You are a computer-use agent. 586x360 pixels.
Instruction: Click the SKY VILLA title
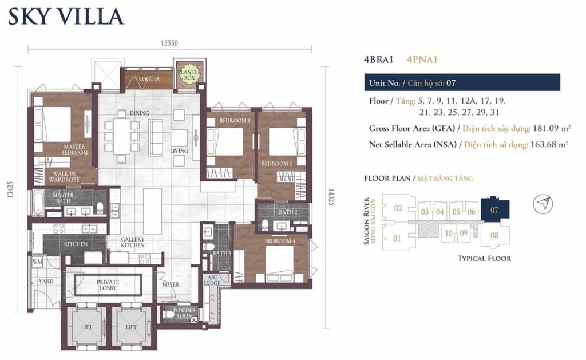66,16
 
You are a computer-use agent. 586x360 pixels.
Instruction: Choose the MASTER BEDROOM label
75,150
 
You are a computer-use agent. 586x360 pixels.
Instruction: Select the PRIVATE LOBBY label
108,284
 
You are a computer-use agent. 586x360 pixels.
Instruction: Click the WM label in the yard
38,262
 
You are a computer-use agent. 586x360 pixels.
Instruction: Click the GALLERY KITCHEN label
132,242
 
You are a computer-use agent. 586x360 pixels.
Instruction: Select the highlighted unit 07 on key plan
494,210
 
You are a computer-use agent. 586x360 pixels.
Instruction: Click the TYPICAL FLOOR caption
484,258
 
